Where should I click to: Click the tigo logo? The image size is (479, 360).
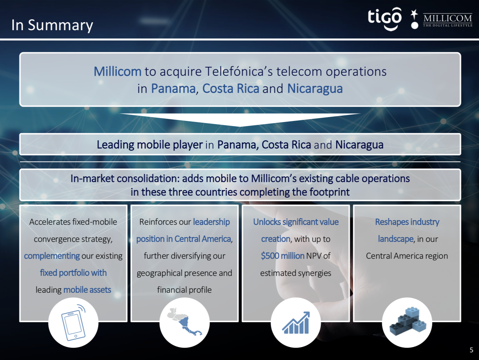384,19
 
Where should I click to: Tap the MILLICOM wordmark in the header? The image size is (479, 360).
447,18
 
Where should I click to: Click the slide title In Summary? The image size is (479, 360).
52,26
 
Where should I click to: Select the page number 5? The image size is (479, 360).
471,350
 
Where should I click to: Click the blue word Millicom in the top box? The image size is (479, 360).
117,72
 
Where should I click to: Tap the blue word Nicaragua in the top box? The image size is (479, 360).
315,89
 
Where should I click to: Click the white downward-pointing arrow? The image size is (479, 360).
240,120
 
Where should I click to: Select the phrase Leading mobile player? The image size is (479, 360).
150,145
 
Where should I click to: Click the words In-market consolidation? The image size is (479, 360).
125,178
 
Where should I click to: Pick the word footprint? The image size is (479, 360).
329,192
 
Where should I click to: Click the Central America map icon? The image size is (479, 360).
185,321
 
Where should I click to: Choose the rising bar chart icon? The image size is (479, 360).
296,323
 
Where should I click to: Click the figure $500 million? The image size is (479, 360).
282,256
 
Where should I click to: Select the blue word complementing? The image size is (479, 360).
52,256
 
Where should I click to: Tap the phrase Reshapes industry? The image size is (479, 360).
407,222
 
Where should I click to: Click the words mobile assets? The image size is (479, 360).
87,290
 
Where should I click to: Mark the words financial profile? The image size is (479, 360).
184,290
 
